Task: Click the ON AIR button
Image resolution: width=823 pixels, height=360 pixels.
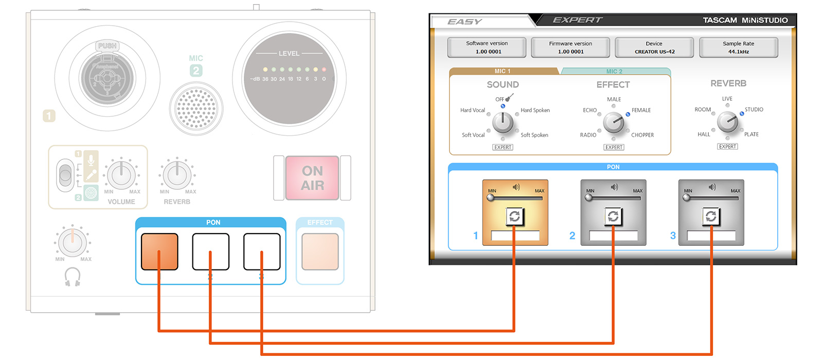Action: point(312,178)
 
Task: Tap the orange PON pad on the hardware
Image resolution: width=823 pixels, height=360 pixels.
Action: point(159,251)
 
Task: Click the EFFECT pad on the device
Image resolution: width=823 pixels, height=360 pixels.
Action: point(320,251)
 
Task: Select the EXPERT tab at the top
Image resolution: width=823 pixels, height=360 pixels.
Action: point(577,20)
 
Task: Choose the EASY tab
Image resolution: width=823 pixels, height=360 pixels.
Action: point(464,22)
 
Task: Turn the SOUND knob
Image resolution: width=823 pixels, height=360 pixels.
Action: point(503,122)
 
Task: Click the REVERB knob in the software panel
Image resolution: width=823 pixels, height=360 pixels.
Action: point(727,122)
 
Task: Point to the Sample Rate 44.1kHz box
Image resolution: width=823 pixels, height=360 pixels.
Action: point(738,47)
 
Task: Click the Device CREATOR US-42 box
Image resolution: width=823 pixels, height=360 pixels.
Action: point(654,47)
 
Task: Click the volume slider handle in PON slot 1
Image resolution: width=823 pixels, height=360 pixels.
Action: point(491,197)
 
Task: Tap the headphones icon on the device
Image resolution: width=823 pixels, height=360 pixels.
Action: point(73,277)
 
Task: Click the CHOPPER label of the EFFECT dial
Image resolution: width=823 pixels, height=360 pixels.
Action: point(642,135)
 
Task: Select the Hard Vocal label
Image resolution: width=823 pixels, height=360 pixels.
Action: point(472,110)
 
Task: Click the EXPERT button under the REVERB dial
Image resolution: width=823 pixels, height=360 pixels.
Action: point(727,147)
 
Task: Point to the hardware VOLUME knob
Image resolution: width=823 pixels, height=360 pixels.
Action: point(121,174)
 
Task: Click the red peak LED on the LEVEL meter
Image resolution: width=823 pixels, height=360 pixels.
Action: point(324,69)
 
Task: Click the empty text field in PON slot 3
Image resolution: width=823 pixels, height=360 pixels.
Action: point(711,236)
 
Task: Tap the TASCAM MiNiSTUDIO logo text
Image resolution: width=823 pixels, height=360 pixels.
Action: point(745,20)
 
